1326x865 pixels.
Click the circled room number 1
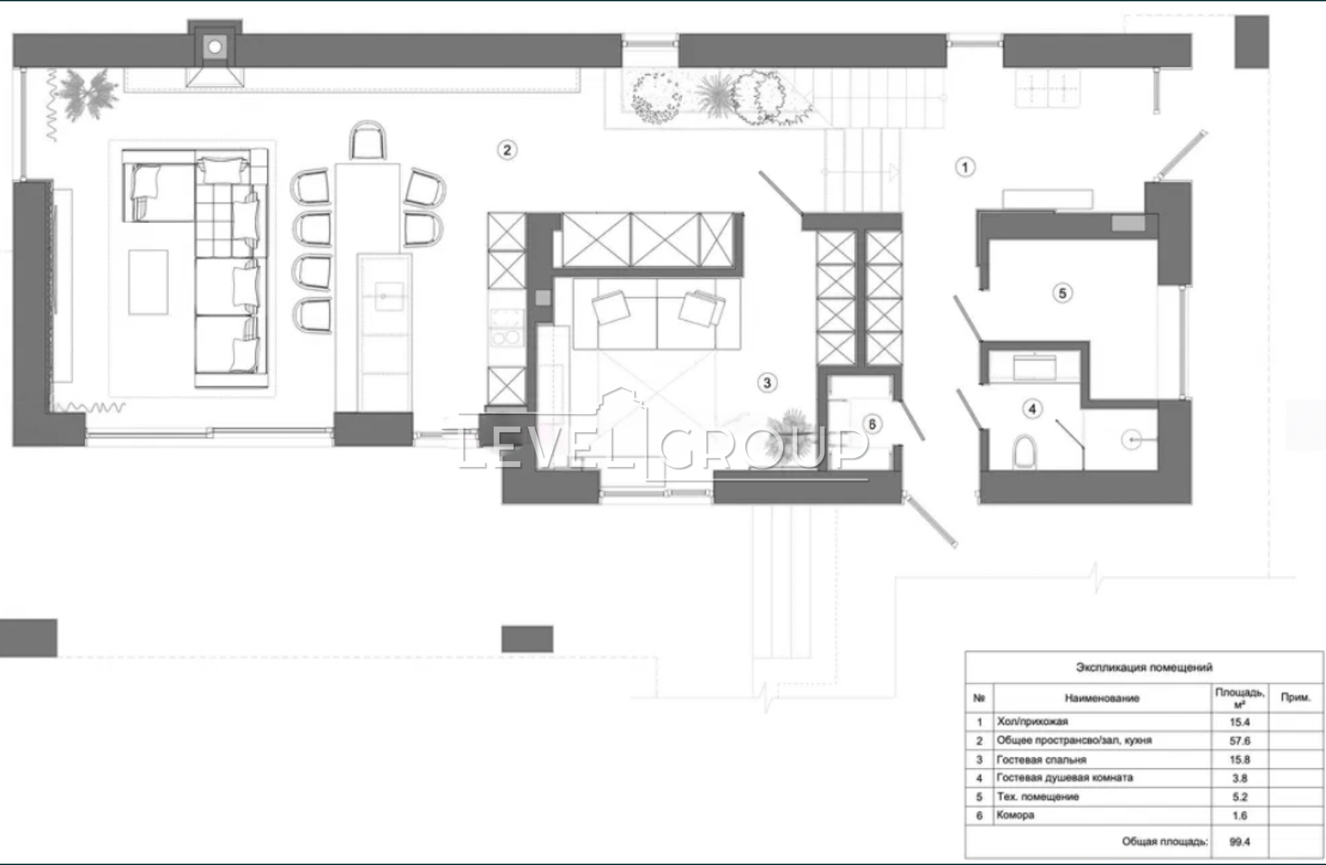click(x=965, y=168)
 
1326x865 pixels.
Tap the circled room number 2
click(x=506, y=150)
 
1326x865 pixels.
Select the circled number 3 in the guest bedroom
click(x=767, y=382)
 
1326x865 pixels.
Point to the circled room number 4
click(x=1033, y=408)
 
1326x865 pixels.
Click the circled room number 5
click(x=1062, y=293)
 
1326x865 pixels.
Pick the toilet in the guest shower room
click(x=1024, y=452)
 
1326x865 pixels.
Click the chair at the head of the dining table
click(x=368, y=140)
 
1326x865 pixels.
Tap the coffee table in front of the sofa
click(x=148, y=282)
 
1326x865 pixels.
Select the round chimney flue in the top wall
click(x=215, y=46)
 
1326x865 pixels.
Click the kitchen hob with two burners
click(x=506, y=328)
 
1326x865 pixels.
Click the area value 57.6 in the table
click(x=1240, y=741)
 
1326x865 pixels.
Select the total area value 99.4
click(x=1240, y=841)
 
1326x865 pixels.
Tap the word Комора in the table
click(x=1015, y=815)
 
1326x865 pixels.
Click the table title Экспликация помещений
click(x=1144, y=668)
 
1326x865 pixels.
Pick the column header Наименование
click(x=1101, y=698)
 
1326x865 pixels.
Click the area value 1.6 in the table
click(x=1240, y=816)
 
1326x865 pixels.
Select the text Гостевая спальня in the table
click(x=1041, y=760)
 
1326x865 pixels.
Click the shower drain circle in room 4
click(x=1131, y=440)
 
